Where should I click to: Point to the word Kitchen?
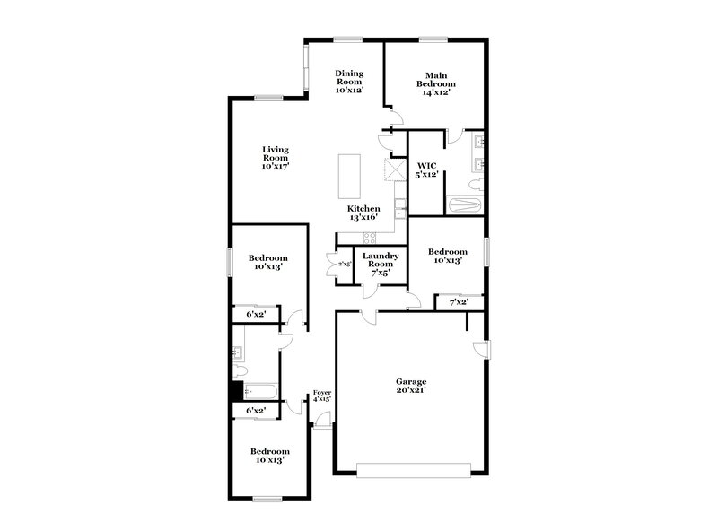363,208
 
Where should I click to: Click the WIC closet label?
426,165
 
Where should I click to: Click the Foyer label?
321,392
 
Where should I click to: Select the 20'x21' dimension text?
411,390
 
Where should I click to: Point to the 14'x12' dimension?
435,91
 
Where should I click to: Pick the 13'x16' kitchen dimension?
363,216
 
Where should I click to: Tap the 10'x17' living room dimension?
275,166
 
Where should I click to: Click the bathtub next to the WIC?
466,206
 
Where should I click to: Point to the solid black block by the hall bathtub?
238,391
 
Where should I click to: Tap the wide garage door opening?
413,469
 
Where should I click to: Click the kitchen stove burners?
368,237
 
